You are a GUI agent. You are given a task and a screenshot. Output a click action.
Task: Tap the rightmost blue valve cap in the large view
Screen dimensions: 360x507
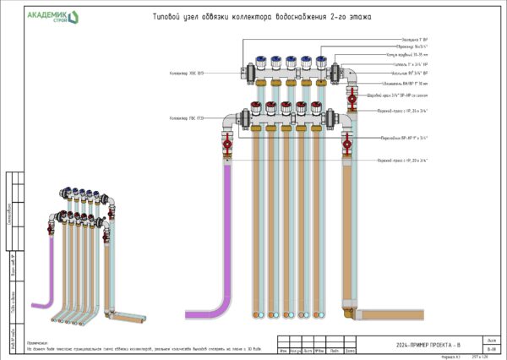316,62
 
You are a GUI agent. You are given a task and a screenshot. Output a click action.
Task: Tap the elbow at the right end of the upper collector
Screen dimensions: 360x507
349,79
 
